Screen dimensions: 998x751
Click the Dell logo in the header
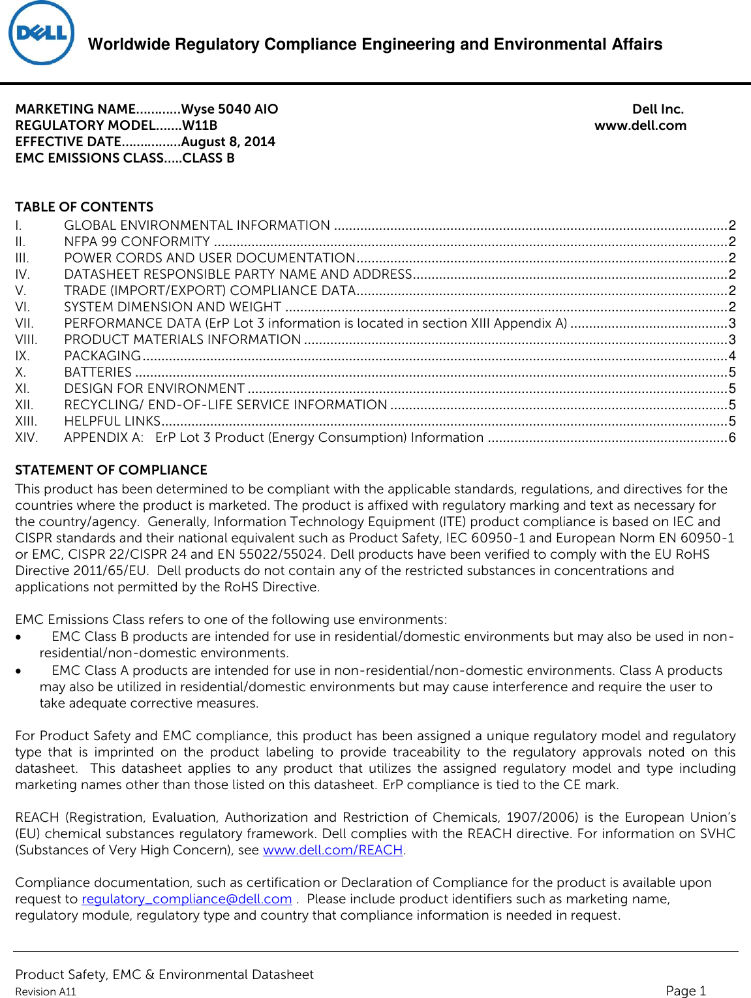click(x=42, y=33)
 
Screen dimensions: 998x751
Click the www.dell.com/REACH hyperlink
click(x=333, y=850)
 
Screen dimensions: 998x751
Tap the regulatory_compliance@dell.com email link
click(x=187, y=899)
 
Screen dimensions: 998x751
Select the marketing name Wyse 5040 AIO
click(x=230, y=109)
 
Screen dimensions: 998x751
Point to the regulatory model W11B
click(x=200, y=125)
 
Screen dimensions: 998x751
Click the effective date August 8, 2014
click(x=228, y=142)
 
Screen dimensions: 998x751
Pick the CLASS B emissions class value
click(x=208, y=158)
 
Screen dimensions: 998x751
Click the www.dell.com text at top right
click(x=640, y=125)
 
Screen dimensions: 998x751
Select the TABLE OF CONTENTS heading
click(x=84, y=207)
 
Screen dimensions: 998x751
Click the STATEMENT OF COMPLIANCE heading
click(x=111, y=470)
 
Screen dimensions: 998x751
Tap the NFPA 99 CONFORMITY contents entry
click(x=137, y=242)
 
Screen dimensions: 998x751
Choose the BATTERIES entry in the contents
click(x=98, y=372)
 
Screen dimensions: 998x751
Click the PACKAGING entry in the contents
click(x=102, y=356)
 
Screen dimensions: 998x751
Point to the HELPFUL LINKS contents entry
click(x=112, y=421)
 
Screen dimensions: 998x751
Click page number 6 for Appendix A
click(x=732, y=437)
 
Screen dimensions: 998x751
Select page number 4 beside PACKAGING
click(x=732, y=356)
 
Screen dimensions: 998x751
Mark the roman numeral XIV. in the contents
click(x=27, y=437)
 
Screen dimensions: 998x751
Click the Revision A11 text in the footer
click(x=46, y=991)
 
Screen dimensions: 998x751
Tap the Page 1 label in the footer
click(x=686, y=990)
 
